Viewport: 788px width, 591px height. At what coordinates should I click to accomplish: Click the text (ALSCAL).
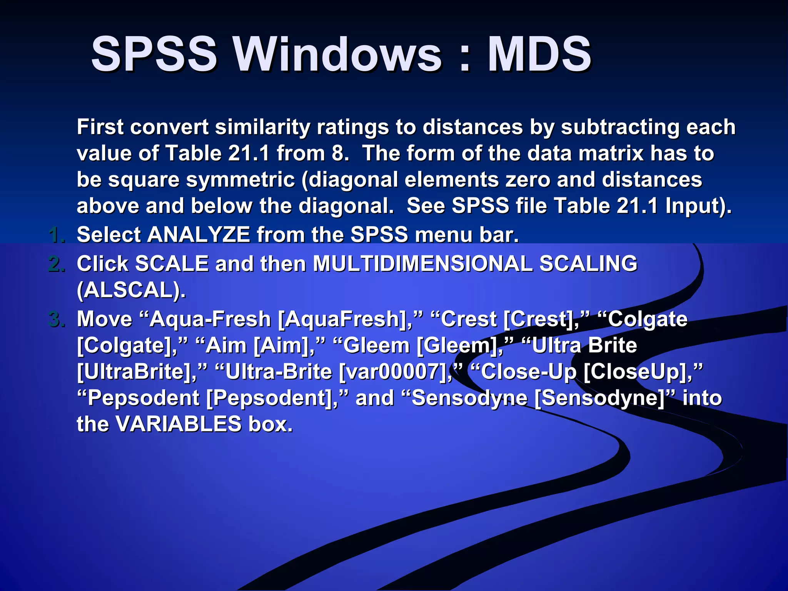pyautogui.click(x=131, y=290)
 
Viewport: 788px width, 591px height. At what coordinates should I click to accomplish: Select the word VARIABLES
pyautogui.click(x=178, y=424)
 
